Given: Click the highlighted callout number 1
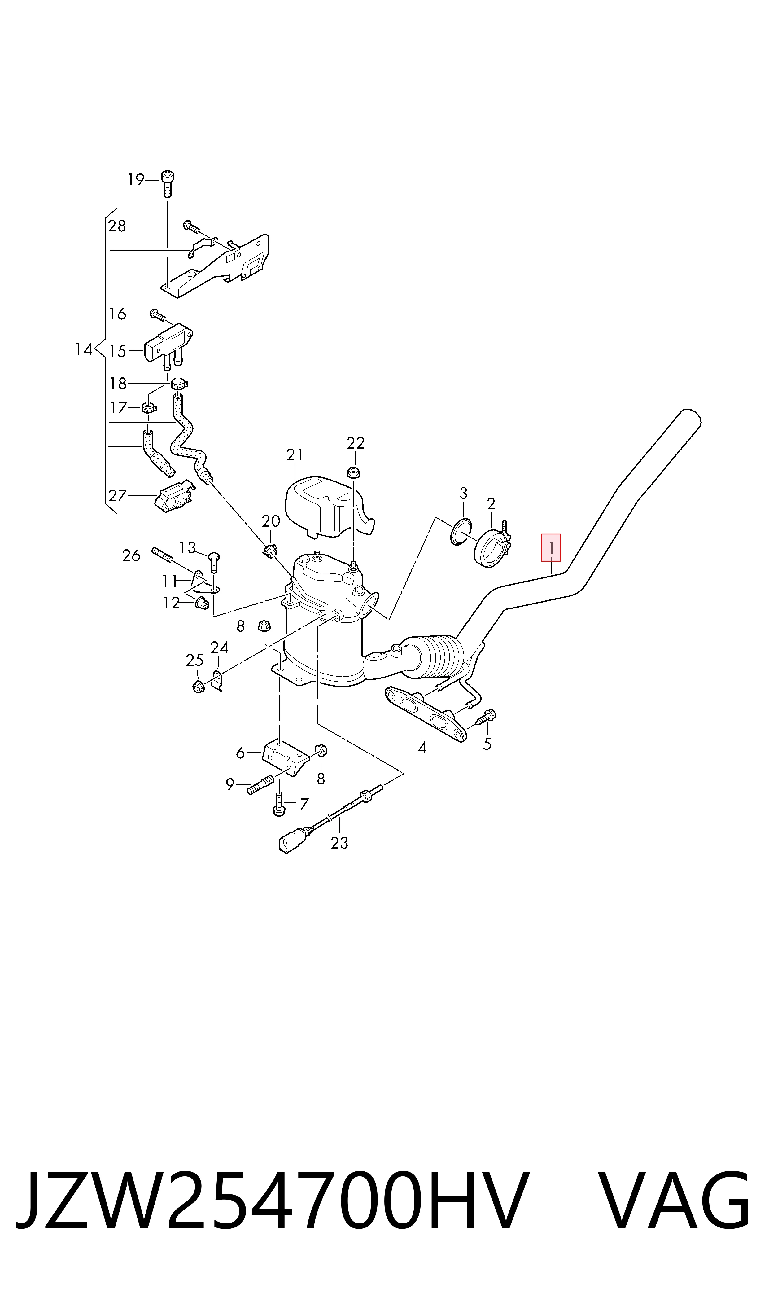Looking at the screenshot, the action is [x=551, y=547].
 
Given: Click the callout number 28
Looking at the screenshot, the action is [x=117, y=226].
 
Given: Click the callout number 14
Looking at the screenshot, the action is [x=83, y=349].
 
